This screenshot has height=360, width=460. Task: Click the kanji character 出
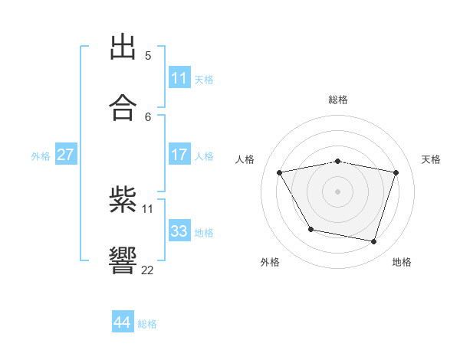coord(123,47)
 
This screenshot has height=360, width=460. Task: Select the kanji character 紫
coord(123,201)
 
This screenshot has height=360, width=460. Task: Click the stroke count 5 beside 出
coord(148,55)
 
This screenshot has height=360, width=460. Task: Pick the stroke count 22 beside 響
coord(148,270)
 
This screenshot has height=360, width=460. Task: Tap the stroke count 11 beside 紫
coord(148,208)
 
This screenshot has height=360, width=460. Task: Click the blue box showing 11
coord(179,78)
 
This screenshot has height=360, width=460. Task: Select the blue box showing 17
coord(179,155)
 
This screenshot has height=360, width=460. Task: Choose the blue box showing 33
coord(179,231)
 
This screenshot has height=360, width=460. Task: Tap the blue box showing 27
coord(65,155)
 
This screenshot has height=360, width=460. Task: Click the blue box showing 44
coord(123,322)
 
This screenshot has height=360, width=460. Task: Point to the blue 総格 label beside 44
coord(147,324)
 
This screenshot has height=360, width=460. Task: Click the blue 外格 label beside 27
coord(41,156)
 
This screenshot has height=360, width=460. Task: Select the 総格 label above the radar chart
coord(338,100)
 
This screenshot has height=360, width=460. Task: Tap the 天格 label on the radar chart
coord(432,159)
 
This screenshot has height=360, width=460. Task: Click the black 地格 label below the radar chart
coord(402,262)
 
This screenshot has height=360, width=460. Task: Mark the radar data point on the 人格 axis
coord(280,173)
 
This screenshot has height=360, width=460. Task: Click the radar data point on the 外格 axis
coord(310,229)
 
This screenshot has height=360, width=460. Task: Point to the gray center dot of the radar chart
coord(338,191)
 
